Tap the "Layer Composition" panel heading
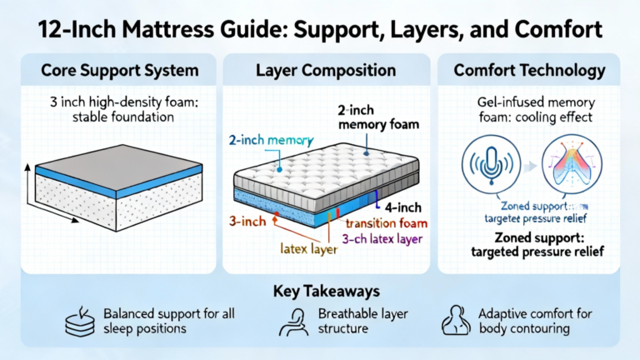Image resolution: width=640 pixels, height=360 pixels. (x=326, y=71)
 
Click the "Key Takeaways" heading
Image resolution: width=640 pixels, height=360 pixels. (x=320, y=292)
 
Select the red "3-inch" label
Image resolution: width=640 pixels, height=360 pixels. (x=247, y=222)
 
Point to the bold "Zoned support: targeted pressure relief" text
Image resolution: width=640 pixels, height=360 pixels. (x=530, y=243)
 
